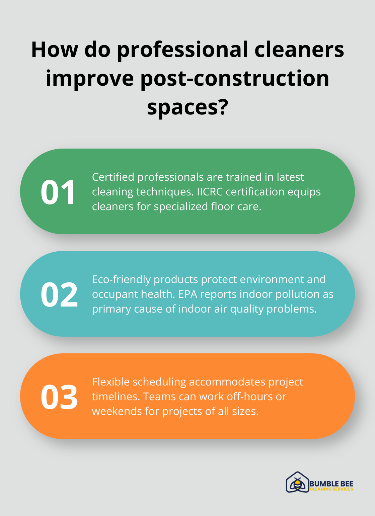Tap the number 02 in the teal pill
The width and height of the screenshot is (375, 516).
point(59,294)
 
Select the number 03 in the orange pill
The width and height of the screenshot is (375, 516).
point(59,397)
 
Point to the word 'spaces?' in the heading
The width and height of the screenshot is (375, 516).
point(187,107)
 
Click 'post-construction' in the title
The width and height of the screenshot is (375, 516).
point(235,79)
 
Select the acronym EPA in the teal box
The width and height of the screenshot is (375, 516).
point(187,294)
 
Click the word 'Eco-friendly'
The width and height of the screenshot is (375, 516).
point(122,279)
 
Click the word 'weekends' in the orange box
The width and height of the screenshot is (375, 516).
point(117,411)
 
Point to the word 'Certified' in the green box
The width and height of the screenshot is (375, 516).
point(113,177)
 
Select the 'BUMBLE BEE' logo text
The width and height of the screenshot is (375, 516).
point(331,483)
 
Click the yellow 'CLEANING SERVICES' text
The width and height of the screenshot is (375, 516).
point(331,489)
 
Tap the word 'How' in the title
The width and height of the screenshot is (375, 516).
point(54,50)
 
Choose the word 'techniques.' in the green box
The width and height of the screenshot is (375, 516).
point(165,192)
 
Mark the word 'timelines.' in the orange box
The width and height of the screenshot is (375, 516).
point(116,397)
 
